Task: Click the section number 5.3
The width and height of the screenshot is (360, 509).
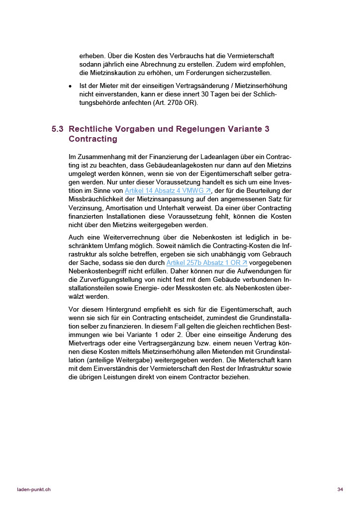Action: coord(57,129)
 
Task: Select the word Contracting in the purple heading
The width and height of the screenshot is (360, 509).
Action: coord(93,139)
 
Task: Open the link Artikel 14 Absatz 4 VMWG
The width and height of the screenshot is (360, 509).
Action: coord(168,191)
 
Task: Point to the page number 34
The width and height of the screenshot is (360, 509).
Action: coord(340,490)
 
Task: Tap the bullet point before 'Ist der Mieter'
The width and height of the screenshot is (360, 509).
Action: coord(70,86)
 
